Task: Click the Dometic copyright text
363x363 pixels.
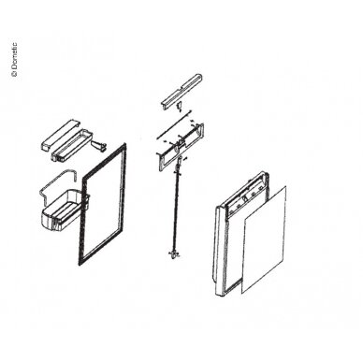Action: (14, 59)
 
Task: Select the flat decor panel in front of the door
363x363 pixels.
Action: (264, 240)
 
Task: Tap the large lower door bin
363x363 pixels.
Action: (63, 211)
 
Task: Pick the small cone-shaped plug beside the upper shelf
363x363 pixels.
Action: (98, 146)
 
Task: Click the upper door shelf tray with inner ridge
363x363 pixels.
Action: (71, 145)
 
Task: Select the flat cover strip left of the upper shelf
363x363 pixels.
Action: (60, 135)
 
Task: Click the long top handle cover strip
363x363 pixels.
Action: (182, 91)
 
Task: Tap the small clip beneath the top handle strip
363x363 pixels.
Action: (180, 107)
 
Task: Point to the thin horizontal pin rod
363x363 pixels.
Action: (173, 124)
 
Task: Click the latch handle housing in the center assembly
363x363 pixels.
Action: (181, 147)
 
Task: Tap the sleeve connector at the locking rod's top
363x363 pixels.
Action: (179, 161)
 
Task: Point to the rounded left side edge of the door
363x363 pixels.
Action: (219, 250)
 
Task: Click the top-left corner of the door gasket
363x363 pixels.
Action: (82, 179)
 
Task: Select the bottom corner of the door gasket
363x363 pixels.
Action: (80, 265)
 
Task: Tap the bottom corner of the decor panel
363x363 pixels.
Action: (242, 293)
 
